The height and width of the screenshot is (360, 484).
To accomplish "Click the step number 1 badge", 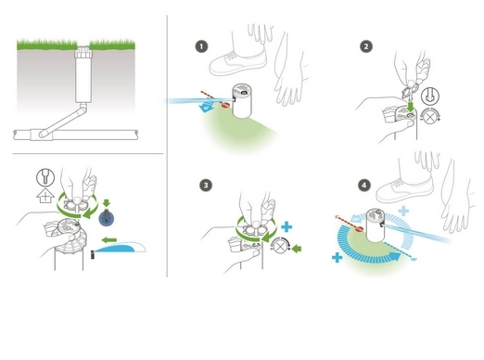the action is tap(201, 46).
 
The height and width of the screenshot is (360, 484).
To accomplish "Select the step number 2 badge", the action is tap(366, 46).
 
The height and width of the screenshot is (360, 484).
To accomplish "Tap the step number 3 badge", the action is tap(206, 186).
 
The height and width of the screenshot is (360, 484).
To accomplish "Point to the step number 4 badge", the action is tap(364, 185).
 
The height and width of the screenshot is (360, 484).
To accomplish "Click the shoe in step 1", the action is tap(237, 63).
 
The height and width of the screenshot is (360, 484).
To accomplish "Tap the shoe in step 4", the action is tap(404, 189).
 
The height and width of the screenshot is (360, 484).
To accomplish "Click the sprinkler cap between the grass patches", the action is tap(83, 52).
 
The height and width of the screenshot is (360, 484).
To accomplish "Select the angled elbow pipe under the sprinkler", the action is tap(64, 121).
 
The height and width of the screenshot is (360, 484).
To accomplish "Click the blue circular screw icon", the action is tap(107, 218).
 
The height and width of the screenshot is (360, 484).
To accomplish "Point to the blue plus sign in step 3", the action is tap(287, 226).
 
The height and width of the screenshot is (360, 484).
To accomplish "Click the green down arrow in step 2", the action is tap(411, 106).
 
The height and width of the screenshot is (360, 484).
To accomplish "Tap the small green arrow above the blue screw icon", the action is tap(107, 203).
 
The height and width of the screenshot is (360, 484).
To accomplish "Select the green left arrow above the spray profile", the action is tap(109, 239).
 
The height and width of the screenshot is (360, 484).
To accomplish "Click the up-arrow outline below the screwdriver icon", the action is tap(45, 196).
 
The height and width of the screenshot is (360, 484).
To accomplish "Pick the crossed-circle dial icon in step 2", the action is tap(429, 117).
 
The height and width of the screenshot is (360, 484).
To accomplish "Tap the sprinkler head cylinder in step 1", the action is tap(242, 100).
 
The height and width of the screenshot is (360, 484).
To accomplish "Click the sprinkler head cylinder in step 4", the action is tap(376, 225).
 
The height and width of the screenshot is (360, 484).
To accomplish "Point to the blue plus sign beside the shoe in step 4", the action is tap(403, 211).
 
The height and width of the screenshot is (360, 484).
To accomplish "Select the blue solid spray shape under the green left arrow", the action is tap(115, 249).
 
